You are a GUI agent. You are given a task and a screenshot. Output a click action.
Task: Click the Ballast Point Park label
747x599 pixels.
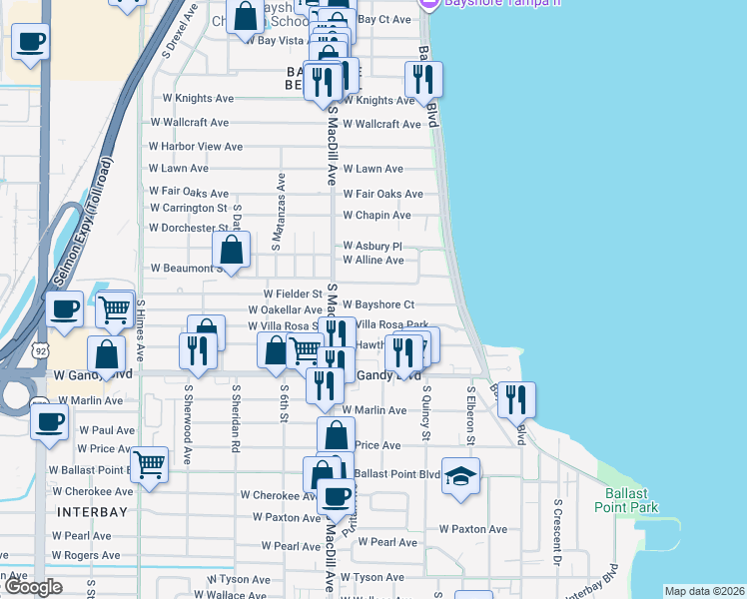point(632,500)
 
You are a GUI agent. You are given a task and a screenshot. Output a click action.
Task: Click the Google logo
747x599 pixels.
point(33,587)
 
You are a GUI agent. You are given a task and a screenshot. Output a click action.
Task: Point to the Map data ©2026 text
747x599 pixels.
point(705,591)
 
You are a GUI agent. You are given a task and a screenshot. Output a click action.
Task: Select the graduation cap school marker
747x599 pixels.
point(460,476)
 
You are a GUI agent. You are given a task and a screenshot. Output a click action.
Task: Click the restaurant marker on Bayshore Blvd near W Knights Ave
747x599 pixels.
point(423,79)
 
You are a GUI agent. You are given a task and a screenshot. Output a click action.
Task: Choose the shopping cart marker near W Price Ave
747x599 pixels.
point(149,464)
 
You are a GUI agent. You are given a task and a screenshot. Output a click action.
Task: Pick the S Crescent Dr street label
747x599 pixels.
point(558,537)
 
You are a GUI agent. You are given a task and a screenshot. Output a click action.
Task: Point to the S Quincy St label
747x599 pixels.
point(426,413)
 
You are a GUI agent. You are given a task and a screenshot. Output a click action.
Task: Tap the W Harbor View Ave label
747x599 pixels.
point(196,147)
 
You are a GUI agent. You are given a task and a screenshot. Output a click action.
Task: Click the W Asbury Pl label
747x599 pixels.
point(372,246)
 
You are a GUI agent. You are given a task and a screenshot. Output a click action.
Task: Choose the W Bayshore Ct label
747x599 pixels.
point(377,304)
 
